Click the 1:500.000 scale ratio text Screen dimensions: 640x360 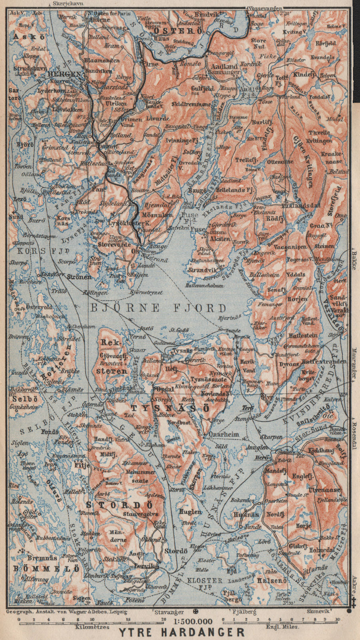point(193,621)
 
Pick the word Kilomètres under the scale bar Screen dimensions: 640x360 point(92,627)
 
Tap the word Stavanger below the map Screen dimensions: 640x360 point(169,612)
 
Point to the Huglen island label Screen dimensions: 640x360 point(190,512)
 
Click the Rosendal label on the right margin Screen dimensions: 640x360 point(354,436)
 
